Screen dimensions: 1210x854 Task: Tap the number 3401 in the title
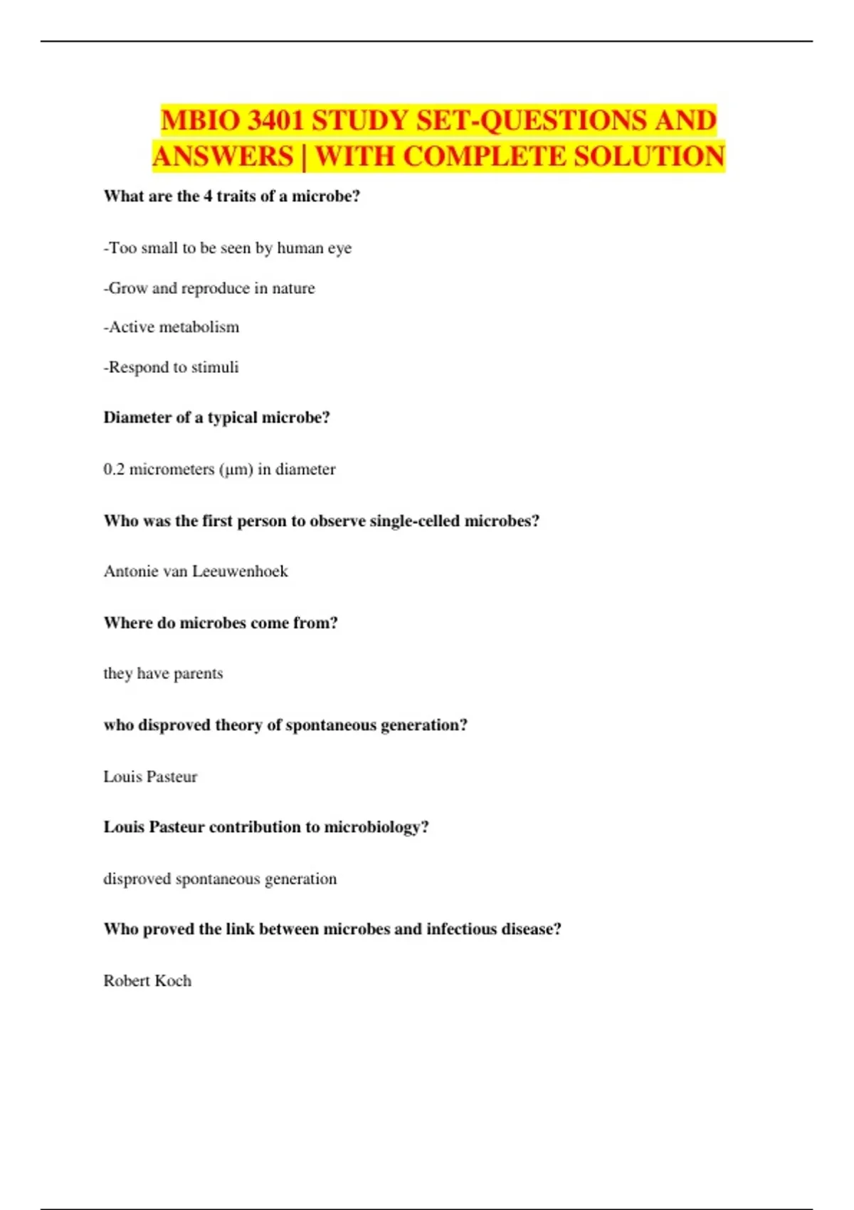coord(275,120)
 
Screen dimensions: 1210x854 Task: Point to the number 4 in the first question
coord(208,196)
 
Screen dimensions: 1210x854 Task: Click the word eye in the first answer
coord(339,248)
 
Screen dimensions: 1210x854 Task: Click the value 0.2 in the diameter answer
coord(114,470)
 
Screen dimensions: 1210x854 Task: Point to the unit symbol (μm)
coord(236,470)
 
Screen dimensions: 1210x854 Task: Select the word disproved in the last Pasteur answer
coord(137,879)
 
